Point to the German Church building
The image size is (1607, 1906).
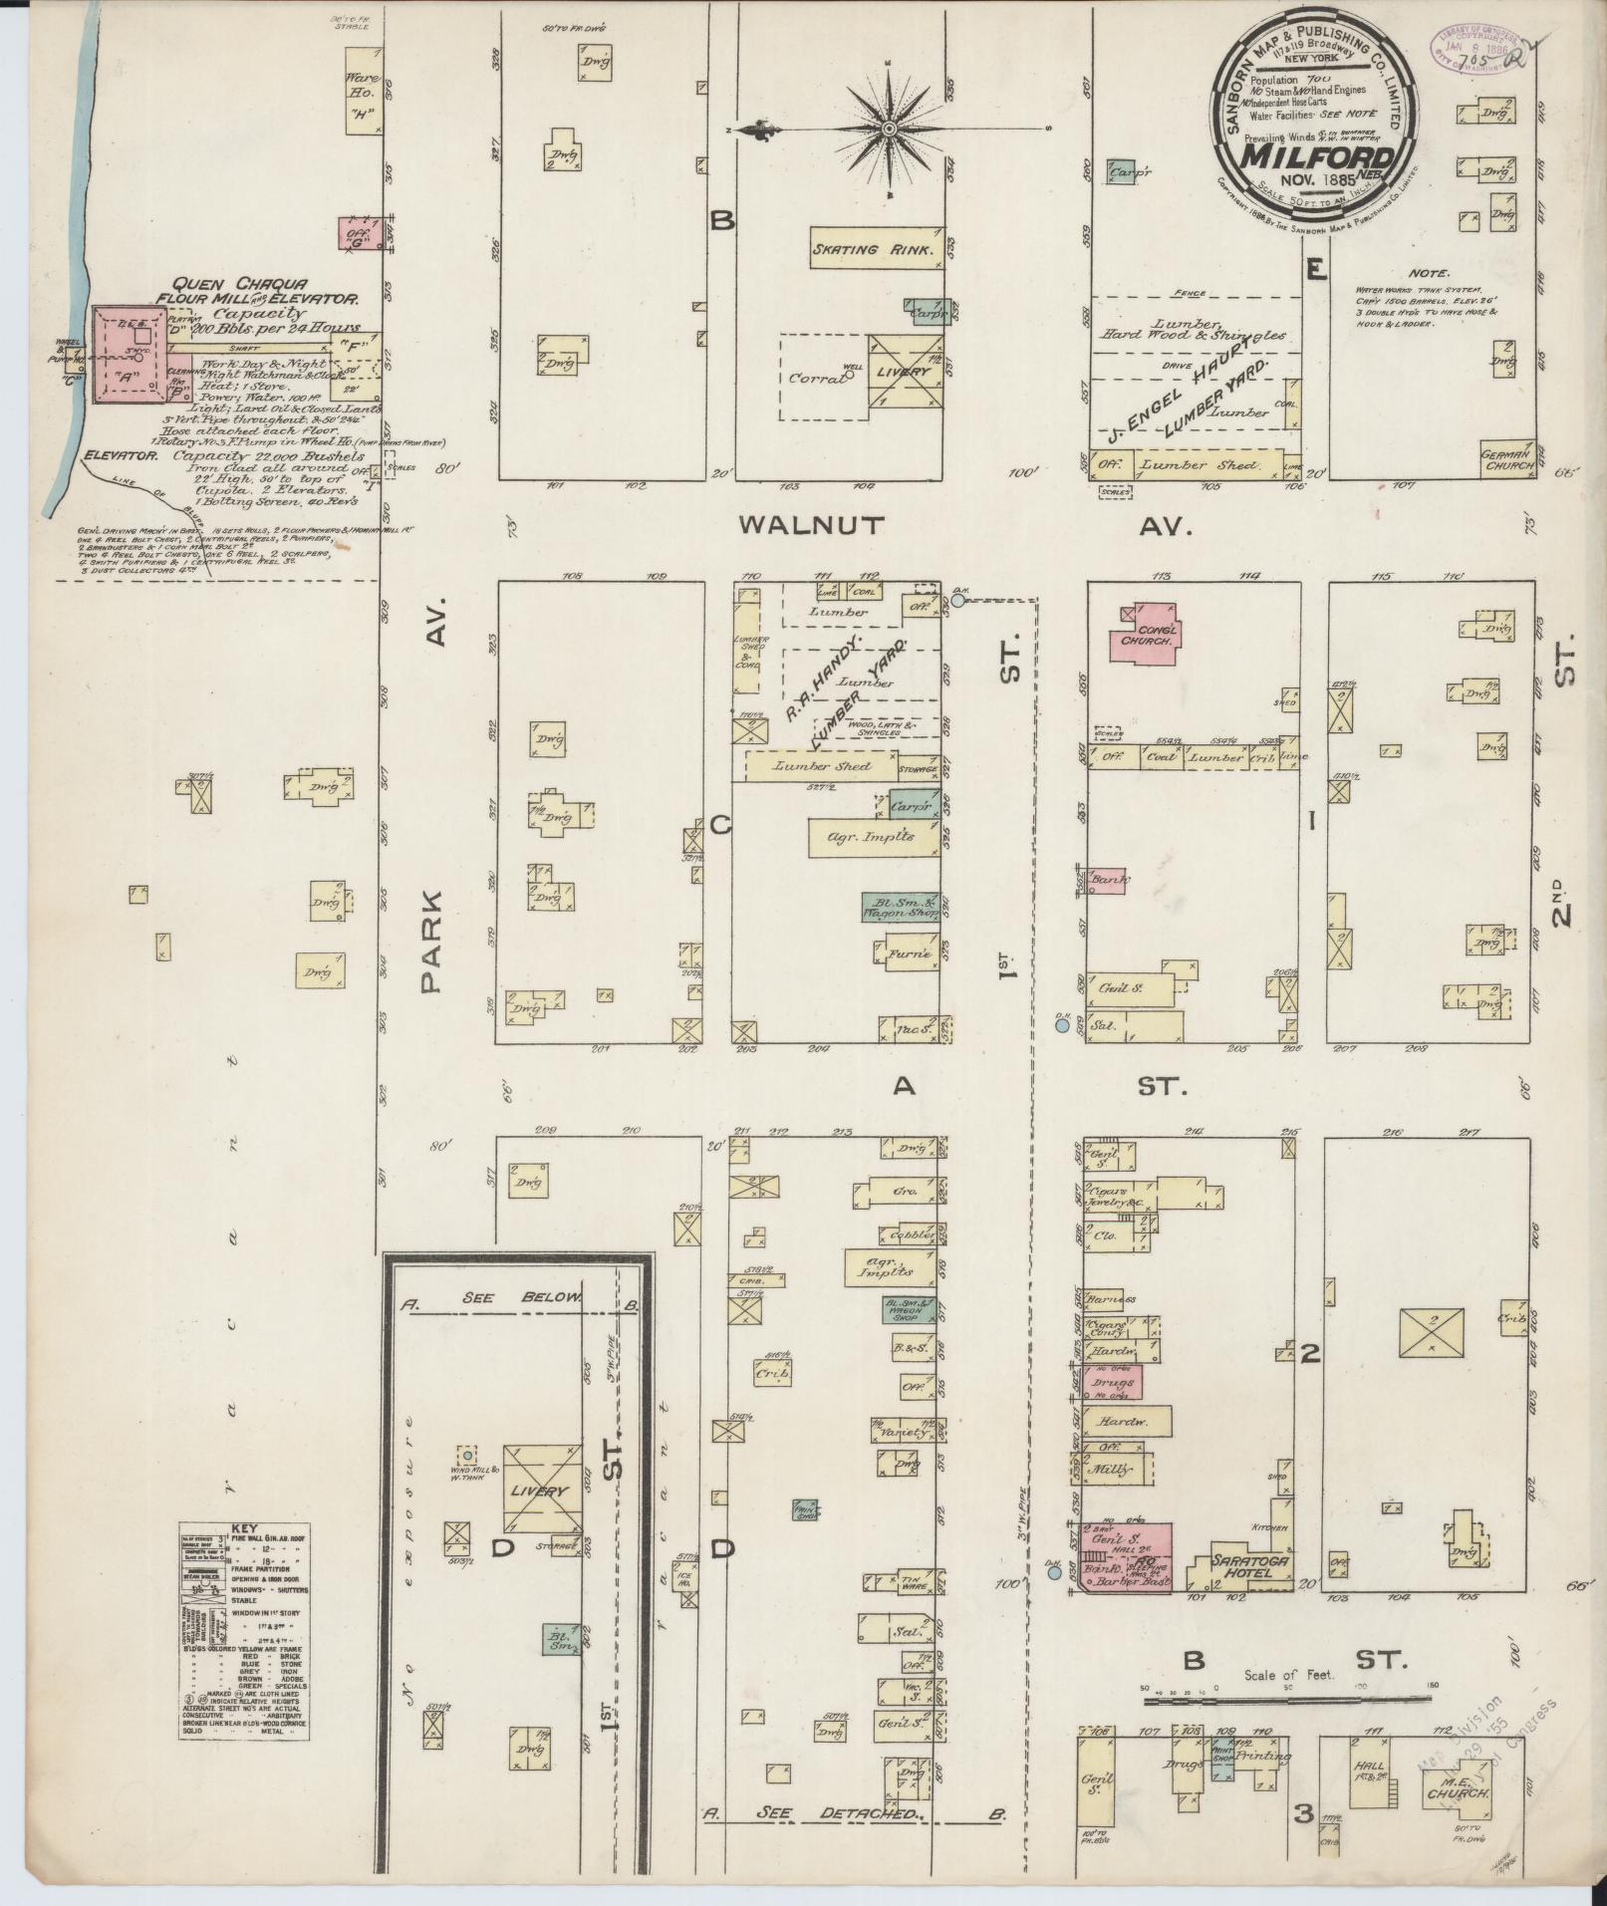point(1506,458)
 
